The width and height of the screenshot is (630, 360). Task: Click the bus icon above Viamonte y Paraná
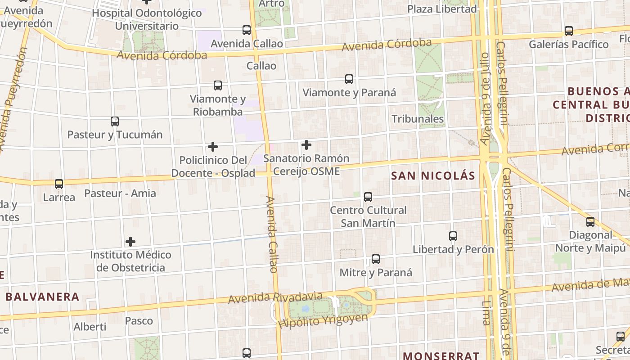coord(349,79)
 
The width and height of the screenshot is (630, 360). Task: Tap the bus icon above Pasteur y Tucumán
coord(115,121)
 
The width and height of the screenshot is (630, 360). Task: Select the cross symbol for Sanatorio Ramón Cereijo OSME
coord(306,145)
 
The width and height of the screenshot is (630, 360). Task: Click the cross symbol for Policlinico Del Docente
coord(213,147)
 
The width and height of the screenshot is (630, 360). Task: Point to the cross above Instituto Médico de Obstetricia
coord(130,242)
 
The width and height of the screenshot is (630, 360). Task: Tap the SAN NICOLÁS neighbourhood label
coord(433,176)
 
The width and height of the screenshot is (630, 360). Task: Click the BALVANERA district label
coord(42,297)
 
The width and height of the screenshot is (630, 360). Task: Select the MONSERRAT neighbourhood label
coord(441,355)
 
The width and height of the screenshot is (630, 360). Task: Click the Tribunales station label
coord(418,119)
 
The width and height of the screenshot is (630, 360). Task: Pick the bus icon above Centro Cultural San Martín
coord(368,197)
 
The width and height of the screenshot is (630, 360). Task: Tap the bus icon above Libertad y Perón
coord(453,236)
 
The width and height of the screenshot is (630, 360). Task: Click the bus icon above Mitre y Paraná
coord(376,259)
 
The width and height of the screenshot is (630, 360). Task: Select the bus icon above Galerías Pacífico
coord(569,31)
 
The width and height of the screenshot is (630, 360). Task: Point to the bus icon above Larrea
coord(59,184)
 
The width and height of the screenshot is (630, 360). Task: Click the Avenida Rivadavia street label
coord(275,297)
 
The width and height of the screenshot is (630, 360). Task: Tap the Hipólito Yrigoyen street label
coord(323,320)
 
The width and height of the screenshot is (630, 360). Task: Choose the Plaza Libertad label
coord(442,9)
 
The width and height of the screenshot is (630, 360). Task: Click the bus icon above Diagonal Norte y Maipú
coord(590,221)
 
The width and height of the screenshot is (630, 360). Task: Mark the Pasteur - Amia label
coord(120,193)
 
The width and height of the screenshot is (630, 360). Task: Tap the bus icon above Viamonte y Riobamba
coord(218,85)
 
